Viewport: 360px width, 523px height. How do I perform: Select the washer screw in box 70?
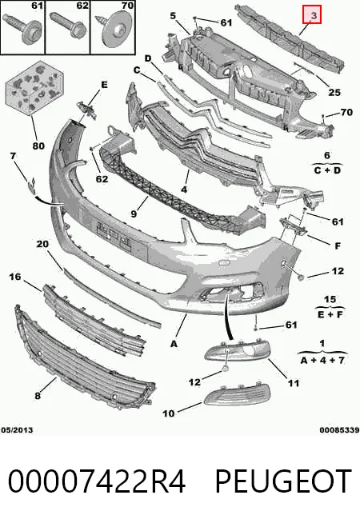pyautogui.click(x=114, y=28)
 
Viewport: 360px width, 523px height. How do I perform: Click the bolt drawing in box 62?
pyautogui.click(x=68, y=26)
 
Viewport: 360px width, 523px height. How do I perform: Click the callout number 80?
pyautogui.click(x=38, y=146)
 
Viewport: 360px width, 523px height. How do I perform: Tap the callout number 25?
pyautogui.click(x=334, y=92)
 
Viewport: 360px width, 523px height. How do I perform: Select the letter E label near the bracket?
pyautogui.click(x=105, y=85)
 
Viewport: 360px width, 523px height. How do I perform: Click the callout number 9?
pyautogui.click(x=134, y=214)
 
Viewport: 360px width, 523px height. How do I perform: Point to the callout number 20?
pyautogui.click(x=42, y=244)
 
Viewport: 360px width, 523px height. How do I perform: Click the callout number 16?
pyautogui.click(x=15, y=277)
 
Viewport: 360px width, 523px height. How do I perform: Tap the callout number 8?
pyautogui.click(x=38, y=395)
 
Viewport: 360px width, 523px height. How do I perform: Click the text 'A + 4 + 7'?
pyautogui.click(x=322, y=360)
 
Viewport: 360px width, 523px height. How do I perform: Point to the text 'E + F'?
pyautogui.click(x=330, y=314)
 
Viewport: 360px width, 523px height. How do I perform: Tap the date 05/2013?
pyautogui.click(x=17, y=430)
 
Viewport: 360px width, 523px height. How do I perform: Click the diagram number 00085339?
pyautogui.click(x=339, y=430)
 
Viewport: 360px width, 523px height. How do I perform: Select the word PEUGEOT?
pyautogui.click(x=283, y=481)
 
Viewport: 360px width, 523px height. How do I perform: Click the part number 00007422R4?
pyautogui.click(x=97, y=481)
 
